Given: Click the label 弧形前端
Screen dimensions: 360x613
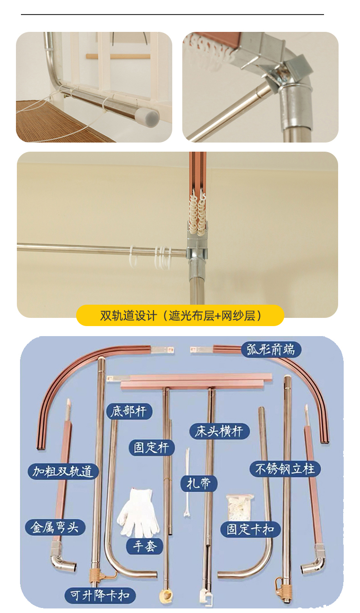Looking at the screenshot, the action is [x=271, y=349].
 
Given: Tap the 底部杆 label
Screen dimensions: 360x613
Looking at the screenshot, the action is [x=129, y=411].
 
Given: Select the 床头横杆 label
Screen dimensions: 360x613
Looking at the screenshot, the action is [x=219, y=432].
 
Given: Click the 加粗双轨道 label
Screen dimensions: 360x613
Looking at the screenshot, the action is [x=63, y=471].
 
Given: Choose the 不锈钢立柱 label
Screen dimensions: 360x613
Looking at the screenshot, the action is [x=285, y=469].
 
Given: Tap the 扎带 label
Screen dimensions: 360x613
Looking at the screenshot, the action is [x=199, y=484].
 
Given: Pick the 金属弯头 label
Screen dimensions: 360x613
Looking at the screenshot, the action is [x=55, y=527].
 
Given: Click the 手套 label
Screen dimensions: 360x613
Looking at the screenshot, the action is [x=144, y=547].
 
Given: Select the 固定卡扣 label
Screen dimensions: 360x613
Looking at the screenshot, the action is [x=251, y=529].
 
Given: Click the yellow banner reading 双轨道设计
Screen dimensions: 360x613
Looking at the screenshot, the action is [x=180, y=316].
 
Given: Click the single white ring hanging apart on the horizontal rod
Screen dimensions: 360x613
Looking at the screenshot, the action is [x=134, y=256].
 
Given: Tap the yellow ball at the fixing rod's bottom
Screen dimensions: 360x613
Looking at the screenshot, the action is [x=166, y=596].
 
